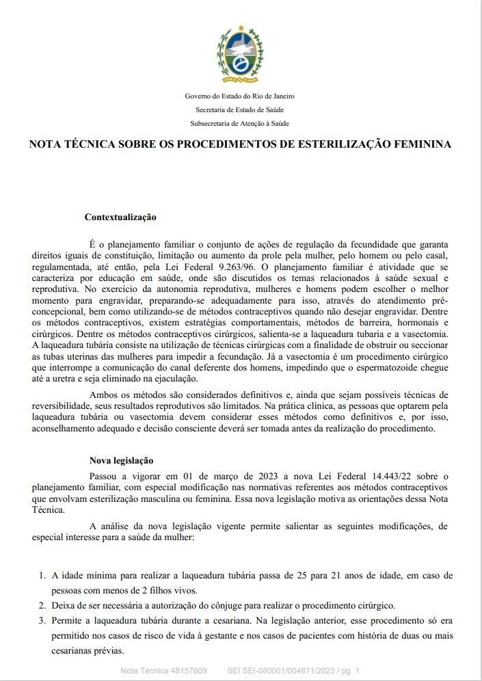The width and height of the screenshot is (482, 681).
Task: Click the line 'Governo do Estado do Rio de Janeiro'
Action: [240, 96]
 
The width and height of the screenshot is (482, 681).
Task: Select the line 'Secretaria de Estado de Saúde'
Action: [240, 109]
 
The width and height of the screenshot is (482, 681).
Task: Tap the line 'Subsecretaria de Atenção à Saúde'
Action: [240, 123]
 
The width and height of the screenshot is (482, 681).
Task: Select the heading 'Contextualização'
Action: [120, 217]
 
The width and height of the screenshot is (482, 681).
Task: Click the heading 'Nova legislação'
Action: [122, 461]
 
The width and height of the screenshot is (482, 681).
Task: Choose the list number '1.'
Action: [42, 576]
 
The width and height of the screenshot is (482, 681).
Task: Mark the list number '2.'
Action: [42, 606]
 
